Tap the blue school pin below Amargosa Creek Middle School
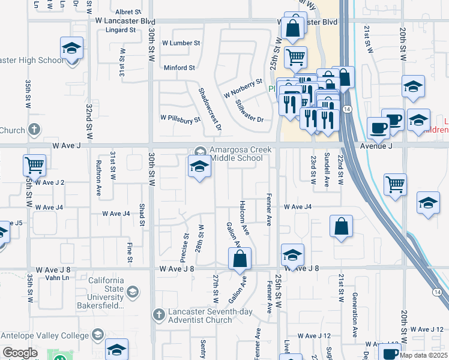point(199,167)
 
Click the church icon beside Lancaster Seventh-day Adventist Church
point(158,314)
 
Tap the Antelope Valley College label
point(46,335)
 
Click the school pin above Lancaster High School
point(71,49)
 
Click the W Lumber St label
point(181,43)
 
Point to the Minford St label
point(179,68)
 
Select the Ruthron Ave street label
point(98,170)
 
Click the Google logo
point(20,353)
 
